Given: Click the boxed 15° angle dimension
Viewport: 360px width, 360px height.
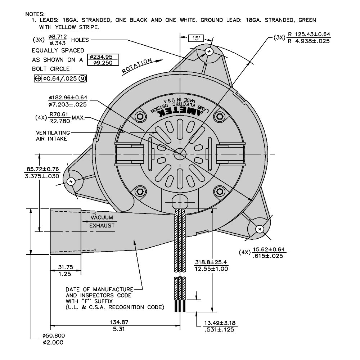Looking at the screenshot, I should click(x=196, y=38).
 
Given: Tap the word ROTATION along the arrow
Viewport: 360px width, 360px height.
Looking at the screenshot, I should click(x=137, y=66).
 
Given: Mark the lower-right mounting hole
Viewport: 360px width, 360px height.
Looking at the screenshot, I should click(x=260, y=229).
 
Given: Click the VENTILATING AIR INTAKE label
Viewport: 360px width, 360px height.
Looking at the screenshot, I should click(x=53, y=136).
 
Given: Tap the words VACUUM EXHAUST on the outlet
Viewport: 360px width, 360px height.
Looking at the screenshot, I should click(x=102, y=221).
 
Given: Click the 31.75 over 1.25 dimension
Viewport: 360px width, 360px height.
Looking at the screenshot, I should click(x=65, y=270).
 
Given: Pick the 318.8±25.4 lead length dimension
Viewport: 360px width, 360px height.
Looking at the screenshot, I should click(x=211, y=265).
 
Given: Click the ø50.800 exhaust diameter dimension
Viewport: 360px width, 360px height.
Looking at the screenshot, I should click(x=54, y=339).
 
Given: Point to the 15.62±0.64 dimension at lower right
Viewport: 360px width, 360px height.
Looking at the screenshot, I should click(x=269, y=252).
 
